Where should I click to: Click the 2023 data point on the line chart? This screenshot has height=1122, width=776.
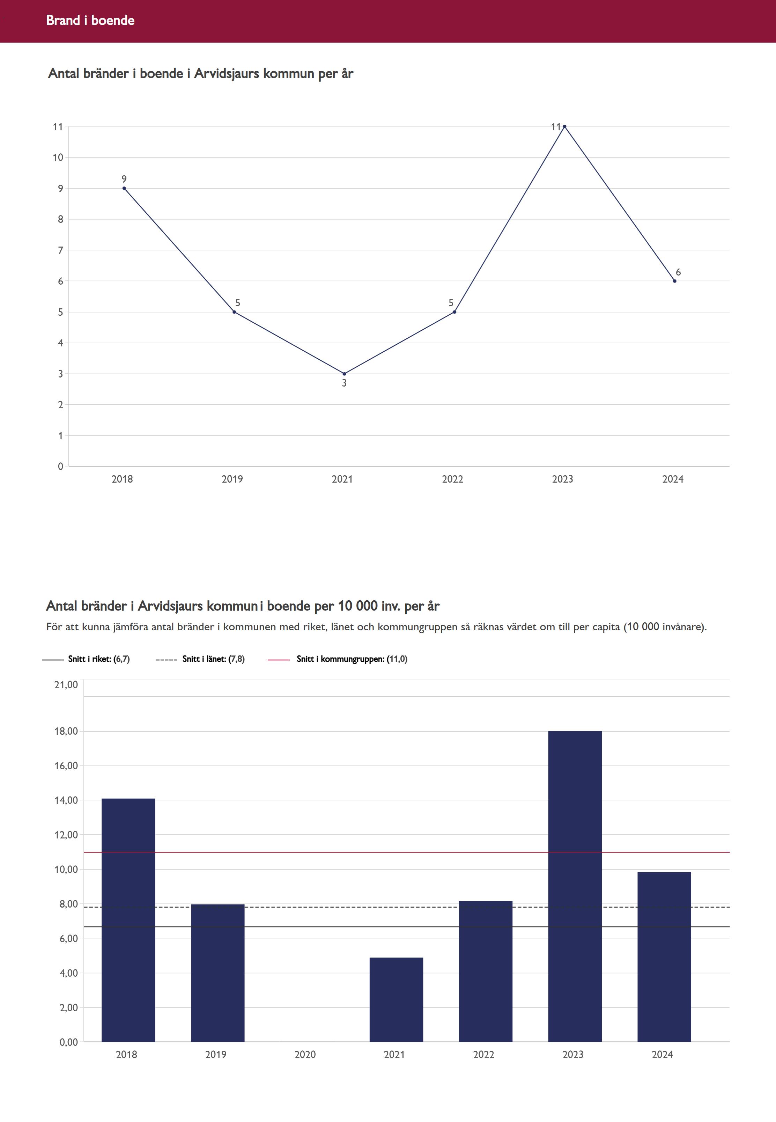coord(564,126)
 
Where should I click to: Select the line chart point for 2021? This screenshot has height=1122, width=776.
coord(344,374)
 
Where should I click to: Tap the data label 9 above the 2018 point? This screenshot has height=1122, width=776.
coord(124,179)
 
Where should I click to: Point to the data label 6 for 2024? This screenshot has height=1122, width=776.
coord(678,272)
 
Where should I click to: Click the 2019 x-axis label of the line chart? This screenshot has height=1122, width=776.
coord(232,479)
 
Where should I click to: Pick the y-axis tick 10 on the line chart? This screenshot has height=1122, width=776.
coord(58,157)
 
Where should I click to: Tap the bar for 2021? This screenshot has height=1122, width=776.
coord(396,999)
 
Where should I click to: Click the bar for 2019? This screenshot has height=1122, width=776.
coord(217,973)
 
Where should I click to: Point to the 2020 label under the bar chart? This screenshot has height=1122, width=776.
coord(305,1054)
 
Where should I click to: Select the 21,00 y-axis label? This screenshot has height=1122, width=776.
coord(66,685)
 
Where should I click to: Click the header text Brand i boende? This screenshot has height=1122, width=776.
coord(90,20)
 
